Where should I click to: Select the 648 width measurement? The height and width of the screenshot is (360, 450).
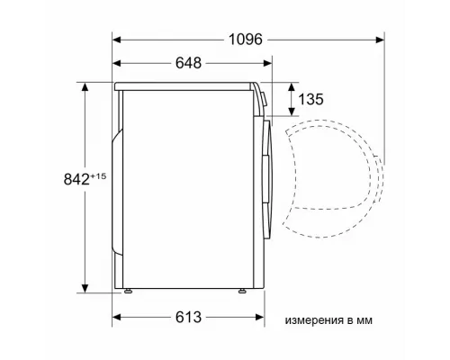pos(184,63)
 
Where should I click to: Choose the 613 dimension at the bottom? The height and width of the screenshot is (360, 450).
pos(184,318)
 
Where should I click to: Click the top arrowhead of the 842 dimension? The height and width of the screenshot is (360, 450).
pos(85,86)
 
